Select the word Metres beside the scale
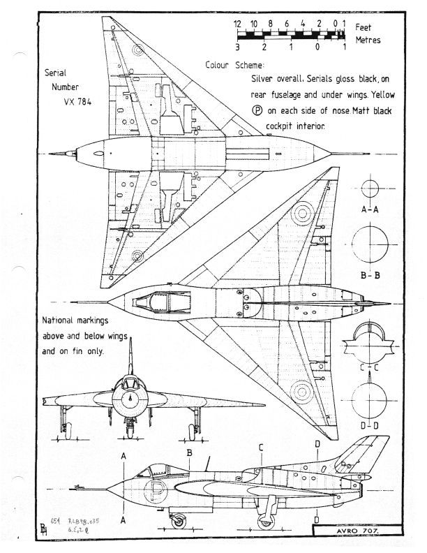pyautogui.click(x=368, y=40)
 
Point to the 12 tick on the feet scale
pyautogui.click(x=238, y=24)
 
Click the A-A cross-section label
pyautogui.click(x=370, y=210)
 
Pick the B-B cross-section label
pyautogui.click(x=370, y=275)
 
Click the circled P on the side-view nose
pyautogui.click(x=155, y=494)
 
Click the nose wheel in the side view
pyautogui.click(x=179, y=520)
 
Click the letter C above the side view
pyautogui.click(x=260, y=448)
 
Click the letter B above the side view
pyautogui.click(x=189, y=452)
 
